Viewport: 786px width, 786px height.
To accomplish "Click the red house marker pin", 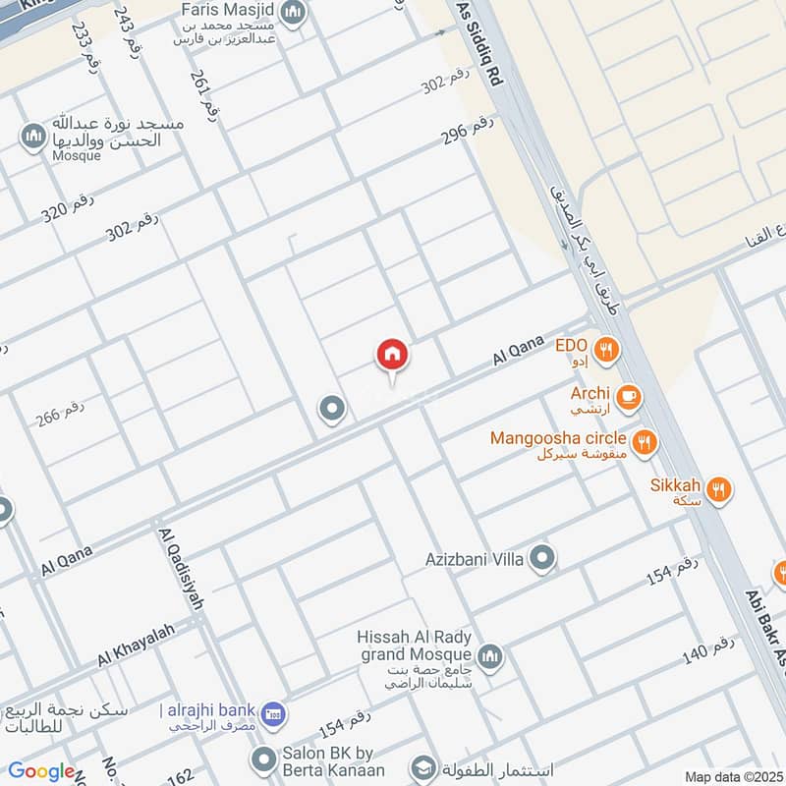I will [x=392, y=356].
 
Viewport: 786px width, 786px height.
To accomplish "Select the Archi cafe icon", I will [x=630, y=397].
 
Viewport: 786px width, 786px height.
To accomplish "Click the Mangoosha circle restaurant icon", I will [x=645, y=442].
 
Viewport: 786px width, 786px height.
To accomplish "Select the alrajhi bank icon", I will [x=275, y=710].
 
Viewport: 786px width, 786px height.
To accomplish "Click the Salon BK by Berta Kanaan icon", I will [x=262, y=758].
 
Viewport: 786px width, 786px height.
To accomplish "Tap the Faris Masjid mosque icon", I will [x=292, y=13].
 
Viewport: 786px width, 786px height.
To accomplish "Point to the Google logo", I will [x=41, y=771].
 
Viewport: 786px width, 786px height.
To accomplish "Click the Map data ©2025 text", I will [x=732, y=777].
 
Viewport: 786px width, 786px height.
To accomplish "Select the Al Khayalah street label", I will [x=136, y=645].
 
